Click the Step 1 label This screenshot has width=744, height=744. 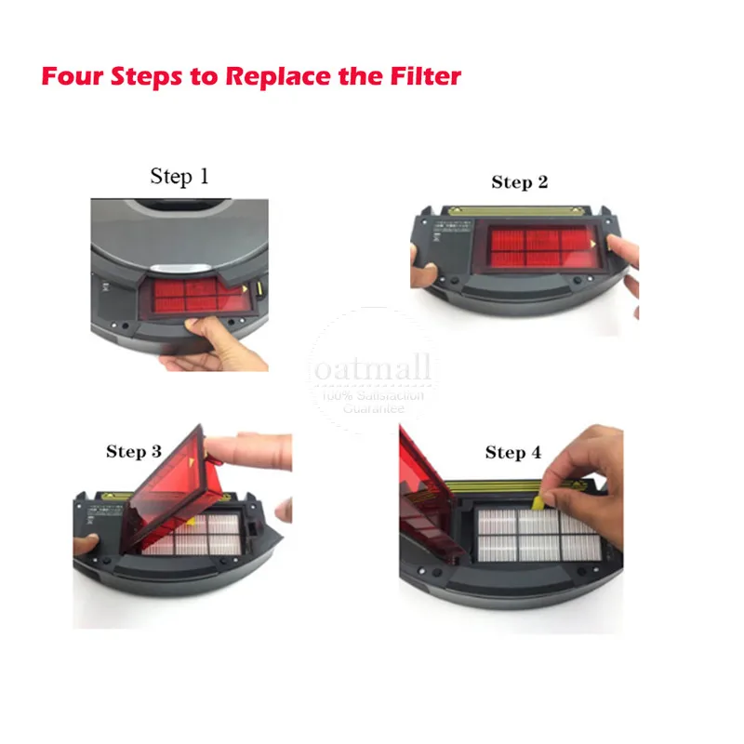tap(179, 177)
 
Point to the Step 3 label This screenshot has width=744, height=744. tap(133, 452)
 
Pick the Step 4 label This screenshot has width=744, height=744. tap(512, 453)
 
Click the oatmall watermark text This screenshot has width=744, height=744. tap(372, 370)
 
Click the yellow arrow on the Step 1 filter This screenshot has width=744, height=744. tap(244, 290)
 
